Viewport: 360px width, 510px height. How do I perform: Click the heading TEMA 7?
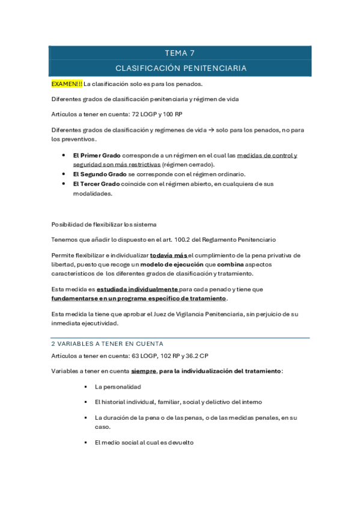[180, 53]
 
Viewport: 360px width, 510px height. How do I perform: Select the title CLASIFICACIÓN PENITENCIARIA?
[180, 68]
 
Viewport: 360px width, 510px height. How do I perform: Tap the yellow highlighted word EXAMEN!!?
[67, 84]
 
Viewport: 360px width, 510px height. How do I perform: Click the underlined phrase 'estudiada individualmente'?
[137, 289]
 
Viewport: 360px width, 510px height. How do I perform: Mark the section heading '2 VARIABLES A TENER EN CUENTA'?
[108, 344]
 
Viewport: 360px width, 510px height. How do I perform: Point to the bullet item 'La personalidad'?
[118, 387]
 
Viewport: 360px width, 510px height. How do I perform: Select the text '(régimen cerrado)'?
[188, 164]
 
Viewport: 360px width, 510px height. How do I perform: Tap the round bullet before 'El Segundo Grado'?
[64, 174]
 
